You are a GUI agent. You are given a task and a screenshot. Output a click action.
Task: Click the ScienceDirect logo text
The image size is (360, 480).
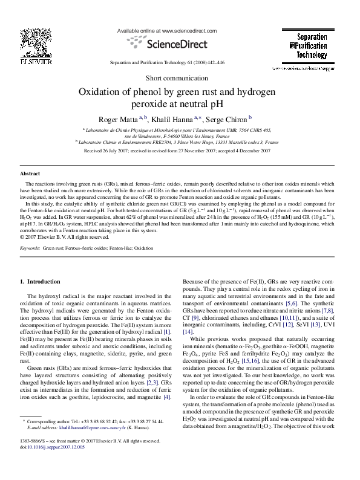[x=180, y=42]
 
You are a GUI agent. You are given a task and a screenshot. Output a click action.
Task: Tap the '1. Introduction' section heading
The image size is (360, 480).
[x=40, y=281]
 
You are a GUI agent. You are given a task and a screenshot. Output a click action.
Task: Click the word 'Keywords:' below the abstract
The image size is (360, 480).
[x=30, y=248]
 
